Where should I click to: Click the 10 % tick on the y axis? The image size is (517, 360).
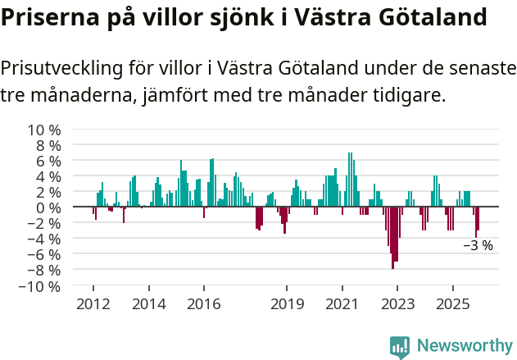tap(44, 130)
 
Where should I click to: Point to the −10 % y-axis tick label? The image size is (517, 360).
tap(40, 287)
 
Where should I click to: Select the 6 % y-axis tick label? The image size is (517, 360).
tap(48, 162)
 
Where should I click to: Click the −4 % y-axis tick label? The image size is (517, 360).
tap(44, 239)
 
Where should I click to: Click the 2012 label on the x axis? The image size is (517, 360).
tap(93, 304)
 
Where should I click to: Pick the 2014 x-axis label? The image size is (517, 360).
tap(148, 304)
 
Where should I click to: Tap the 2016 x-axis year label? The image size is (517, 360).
tap(203, 304)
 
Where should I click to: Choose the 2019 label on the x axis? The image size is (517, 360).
tap(287, 304)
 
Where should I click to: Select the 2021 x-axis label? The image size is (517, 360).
tap(342, 304)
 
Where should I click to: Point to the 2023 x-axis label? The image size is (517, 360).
tap(397, 304)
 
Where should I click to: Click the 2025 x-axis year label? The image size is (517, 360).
tap(452, 304)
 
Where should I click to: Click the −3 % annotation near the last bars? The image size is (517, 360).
tap(478, 245)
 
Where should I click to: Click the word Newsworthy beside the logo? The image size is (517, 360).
tap(465, 346)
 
